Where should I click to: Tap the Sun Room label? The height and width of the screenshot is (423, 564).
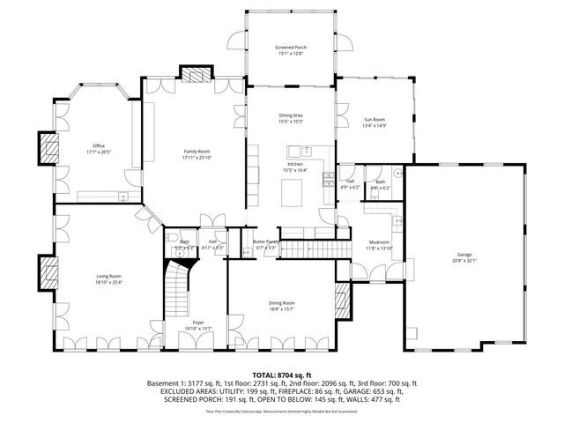pos(375,120)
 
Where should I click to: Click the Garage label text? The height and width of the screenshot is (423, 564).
pos(464,255)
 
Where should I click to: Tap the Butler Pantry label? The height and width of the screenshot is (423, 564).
pos(265,241)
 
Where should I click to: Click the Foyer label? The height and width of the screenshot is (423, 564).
pos(198,323)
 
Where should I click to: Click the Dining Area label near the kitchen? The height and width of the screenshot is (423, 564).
pos(291,115)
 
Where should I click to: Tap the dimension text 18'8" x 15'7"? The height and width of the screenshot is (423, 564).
pos(282,308)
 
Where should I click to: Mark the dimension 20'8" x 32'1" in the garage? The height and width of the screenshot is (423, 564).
pos(464,261)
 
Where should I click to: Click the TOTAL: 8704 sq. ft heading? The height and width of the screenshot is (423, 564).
pos(282,375)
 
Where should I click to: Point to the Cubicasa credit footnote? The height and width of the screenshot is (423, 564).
pos(282,412)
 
